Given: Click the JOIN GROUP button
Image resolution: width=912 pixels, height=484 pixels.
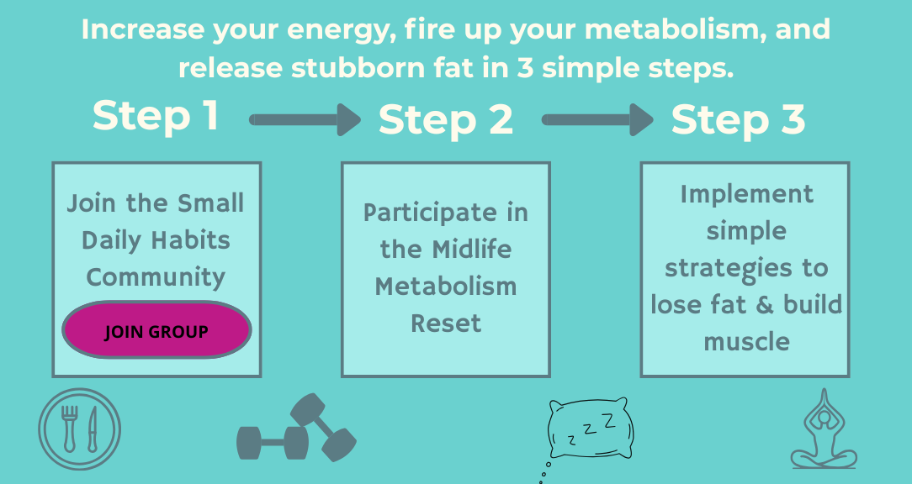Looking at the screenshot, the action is pos(156,330).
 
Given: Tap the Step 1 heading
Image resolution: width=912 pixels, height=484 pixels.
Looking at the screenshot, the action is pos(156,115).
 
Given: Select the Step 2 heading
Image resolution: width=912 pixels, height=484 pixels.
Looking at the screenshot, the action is pos(446,119).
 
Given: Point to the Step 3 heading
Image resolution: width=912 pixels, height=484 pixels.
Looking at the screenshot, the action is pos(738,119).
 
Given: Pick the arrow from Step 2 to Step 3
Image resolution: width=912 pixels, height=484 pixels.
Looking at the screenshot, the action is pos(597,119).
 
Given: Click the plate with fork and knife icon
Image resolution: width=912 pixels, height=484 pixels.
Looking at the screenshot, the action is pos(80,429).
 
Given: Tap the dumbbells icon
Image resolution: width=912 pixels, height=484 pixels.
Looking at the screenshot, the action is pos(297,429).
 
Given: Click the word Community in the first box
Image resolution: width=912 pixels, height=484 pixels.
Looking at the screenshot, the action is pos(156,278).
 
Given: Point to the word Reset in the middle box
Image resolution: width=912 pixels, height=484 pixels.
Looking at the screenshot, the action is pos(446,323).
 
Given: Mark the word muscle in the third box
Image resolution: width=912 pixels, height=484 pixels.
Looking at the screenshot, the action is pos(747,342).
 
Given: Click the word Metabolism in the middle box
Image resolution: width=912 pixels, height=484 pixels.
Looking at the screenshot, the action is pos(446,287).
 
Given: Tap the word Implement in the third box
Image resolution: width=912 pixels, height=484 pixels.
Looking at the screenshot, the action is pos(747,195).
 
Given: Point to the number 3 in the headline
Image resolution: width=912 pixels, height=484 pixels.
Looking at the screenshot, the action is pos(525,68).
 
